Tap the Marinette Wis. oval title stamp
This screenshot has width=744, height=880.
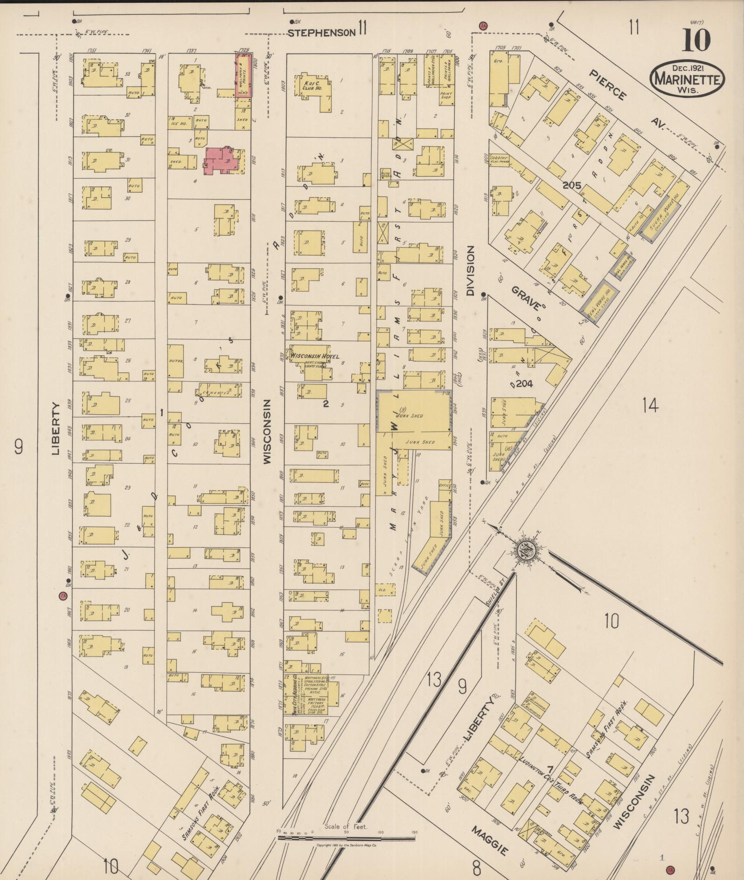click(x=688, y=79)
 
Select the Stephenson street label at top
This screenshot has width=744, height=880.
click(x=320, y=33)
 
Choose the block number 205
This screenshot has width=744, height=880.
click(x=571, y=185)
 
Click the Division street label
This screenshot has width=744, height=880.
click(x=470, y=271)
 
